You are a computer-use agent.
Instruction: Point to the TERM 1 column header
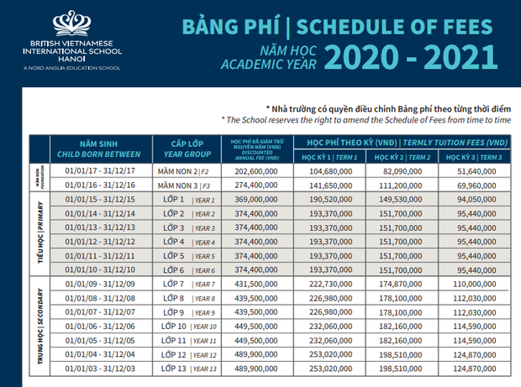[x=328, y=158]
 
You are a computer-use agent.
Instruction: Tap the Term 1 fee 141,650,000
[x=328, y=184]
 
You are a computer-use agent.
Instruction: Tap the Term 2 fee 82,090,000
[x=401, y=170]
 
